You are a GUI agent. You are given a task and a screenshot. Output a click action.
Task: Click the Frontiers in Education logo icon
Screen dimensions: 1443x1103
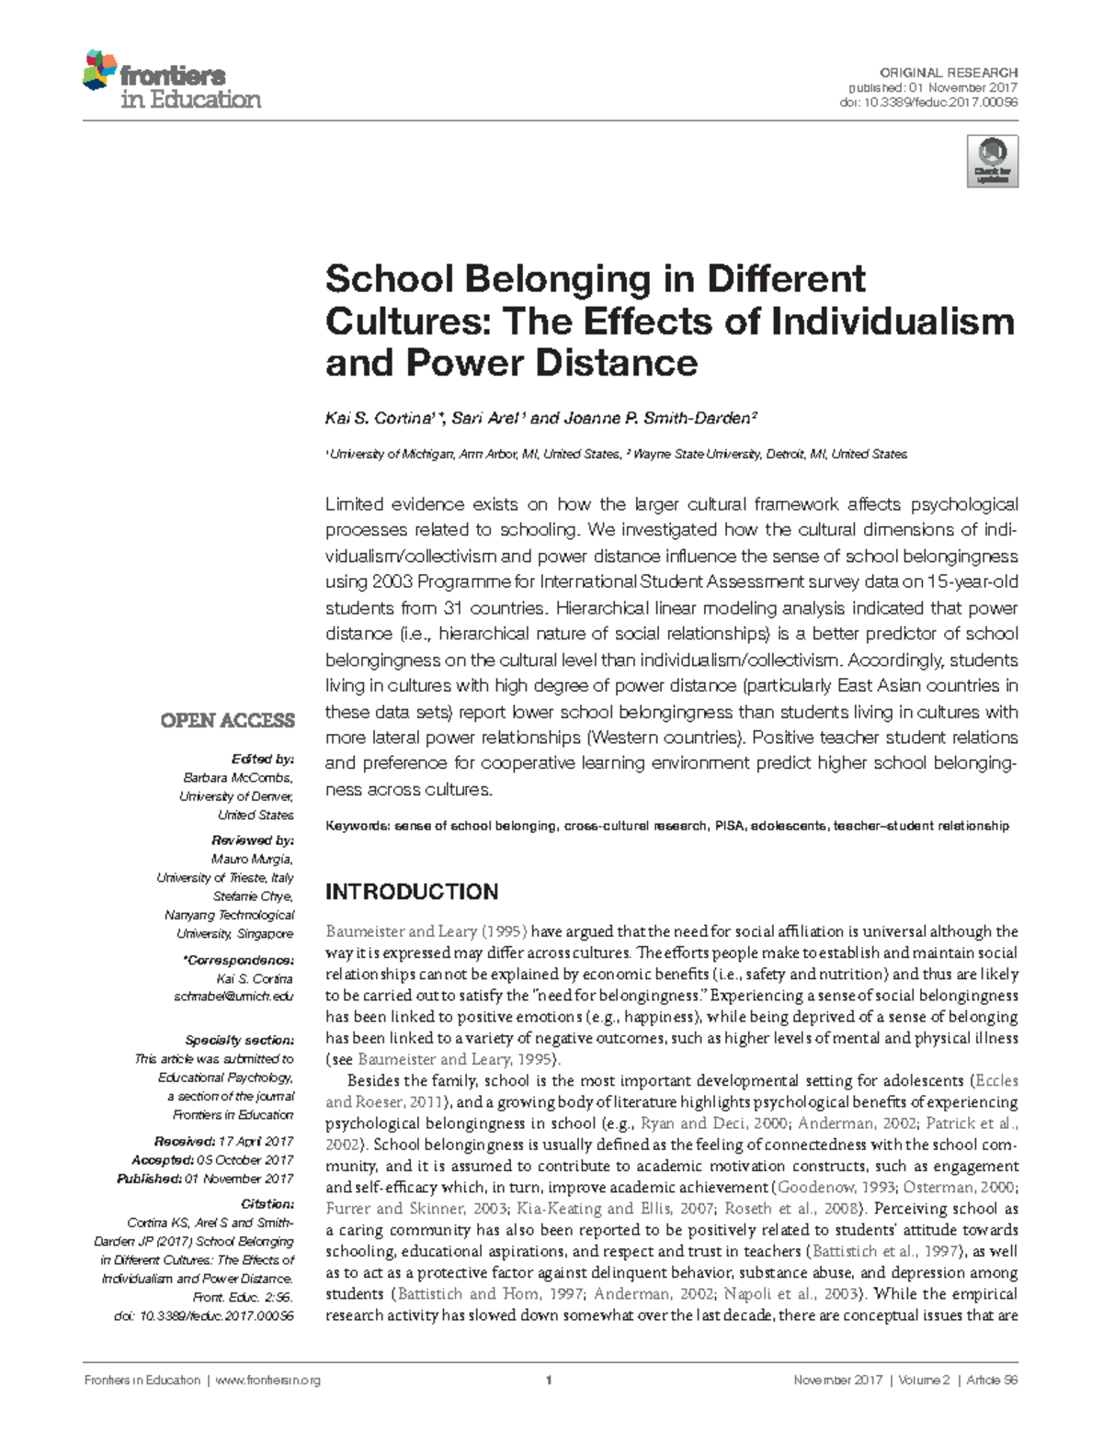tap(100, 71)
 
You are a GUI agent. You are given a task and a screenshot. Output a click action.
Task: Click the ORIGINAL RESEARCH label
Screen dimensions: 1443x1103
tap(949, 73)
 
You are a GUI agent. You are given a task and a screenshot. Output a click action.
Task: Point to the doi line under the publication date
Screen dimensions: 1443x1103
tap(928, 102)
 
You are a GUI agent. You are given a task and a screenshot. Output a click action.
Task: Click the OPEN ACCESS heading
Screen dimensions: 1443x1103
tap(227, 720)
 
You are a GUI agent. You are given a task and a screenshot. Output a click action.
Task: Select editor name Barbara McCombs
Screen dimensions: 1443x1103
tap(237, 778)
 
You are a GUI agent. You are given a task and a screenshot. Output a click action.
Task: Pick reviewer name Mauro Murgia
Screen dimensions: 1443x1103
tap(252, 859)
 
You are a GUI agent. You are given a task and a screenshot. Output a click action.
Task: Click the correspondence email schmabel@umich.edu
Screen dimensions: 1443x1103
tap(233, 997)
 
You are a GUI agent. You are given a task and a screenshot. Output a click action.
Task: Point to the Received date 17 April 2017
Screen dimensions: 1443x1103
tap(256, 1141)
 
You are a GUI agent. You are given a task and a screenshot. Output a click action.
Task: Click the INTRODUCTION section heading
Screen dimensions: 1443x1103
tap(412, 892)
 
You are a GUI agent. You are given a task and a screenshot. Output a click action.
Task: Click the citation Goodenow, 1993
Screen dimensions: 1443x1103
tap(831, 1188)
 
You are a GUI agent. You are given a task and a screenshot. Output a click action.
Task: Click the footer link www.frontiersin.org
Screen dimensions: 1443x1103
tap(267, 1381)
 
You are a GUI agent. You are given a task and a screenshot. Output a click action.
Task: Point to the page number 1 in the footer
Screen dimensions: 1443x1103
tap(548, 1381)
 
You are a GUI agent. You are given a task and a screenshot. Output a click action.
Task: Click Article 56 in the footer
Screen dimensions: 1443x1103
tap(992, 1381)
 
